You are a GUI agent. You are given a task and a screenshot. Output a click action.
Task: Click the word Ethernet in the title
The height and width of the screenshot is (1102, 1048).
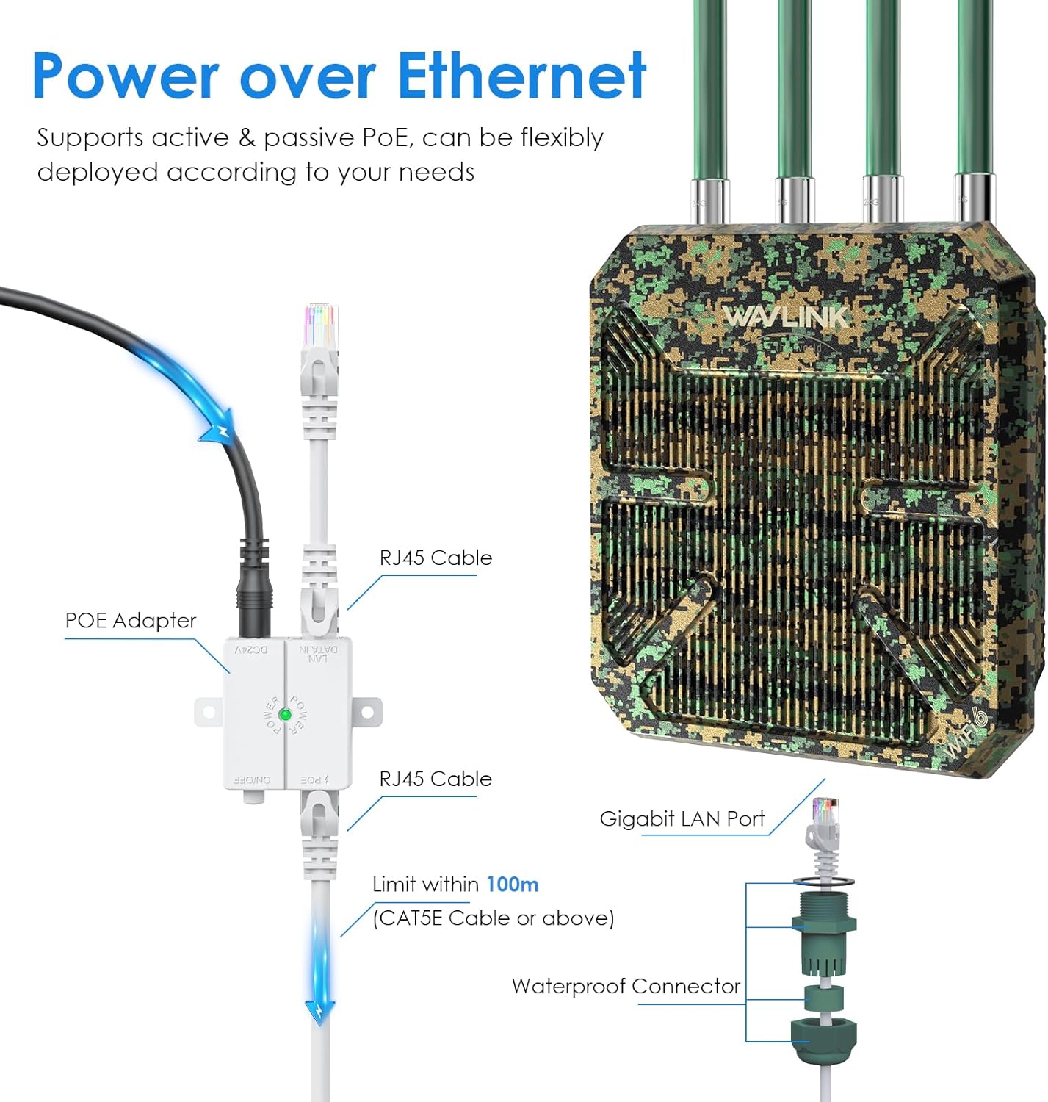[x=521, y=76]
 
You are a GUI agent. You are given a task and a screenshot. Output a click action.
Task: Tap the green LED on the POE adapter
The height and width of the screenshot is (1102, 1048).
[x=285, y=714]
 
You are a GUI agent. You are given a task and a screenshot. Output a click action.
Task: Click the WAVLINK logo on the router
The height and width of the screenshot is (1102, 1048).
[x=785, y=317]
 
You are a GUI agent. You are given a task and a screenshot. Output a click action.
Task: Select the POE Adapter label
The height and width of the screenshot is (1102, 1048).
[x=131, y=621]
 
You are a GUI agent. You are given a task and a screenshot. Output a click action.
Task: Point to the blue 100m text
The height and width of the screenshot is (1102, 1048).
[x=512, y=884]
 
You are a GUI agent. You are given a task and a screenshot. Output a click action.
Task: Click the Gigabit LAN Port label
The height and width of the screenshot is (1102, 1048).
[x=682, y=818]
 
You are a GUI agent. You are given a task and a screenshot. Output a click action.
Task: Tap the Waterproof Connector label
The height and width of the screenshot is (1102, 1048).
[x=626, y=986]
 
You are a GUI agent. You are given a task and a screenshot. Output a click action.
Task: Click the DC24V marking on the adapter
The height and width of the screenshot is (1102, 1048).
[x=252, y=650]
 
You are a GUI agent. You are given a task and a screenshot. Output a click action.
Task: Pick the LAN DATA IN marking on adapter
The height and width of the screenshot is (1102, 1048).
[x=318, y=653]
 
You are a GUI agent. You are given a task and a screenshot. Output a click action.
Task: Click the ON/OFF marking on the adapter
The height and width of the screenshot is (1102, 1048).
[x=252, y=779]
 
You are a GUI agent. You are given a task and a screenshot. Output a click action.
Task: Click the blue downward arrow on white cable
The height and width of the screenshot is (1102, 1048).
[x=321, y=1010]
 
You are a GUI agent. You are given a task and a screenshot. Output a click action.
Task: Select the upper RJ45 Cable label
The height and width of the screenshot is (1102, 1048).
[x=436, y=558]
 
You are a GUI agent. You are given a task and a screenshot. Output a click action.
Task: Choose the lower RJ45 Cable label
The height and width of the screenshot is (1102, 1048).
[x=436, y=779]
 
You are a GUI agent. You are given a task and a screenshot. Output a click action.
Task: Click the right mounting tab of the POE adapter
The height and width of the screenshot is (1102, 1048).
[x=368, y=712]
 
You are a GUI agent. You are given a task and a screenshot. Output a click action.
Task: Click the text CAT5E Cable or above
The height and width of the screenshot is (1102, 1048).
[x=494, y=918]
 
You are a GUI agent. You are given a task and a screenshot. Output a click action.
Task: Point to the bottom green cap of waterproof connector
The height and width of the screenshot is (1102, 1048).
[x=823, y=1040]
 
